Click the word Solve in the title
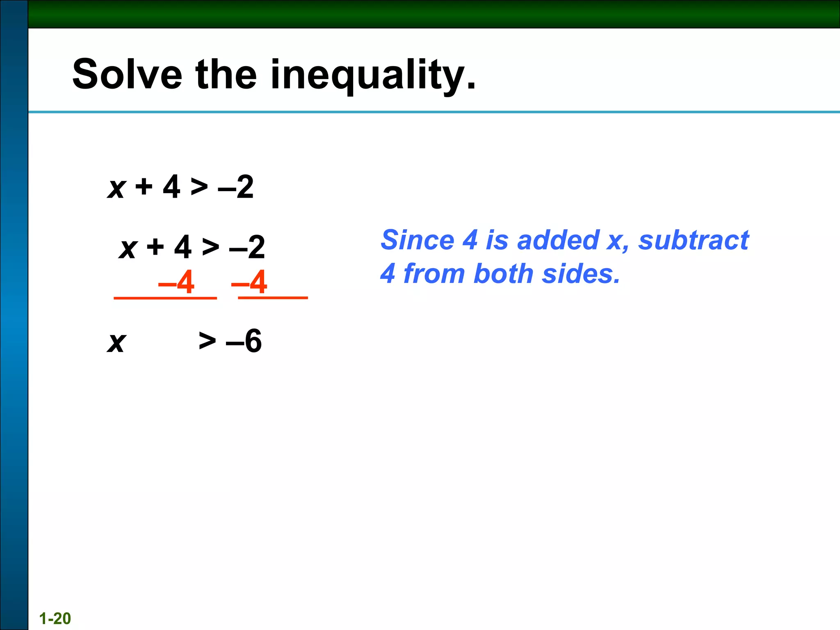point(127,75)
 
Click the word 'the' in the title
point(226,75)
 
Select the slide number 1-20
point(55,618)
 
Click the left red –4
point(176,282)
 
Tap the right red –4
point(249,282)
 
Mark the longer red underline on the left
point(165,298)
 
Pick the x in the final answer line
point(117,342)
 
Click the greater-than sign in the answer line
point(207,340)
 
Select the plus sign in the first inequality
point(144,187)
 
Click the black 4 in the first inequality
point(171,187)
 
